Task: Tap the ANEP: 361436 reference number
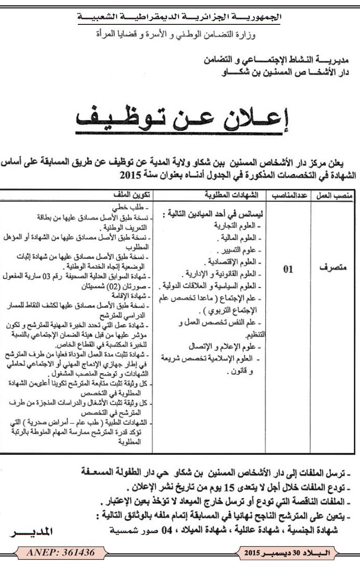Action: [x=55, y=553]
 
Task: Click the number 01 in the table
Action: [x=288, y=269]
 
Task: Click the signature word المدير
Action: [x=31, y=533]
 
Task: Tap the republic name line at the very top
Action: [x=180, y=17]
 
